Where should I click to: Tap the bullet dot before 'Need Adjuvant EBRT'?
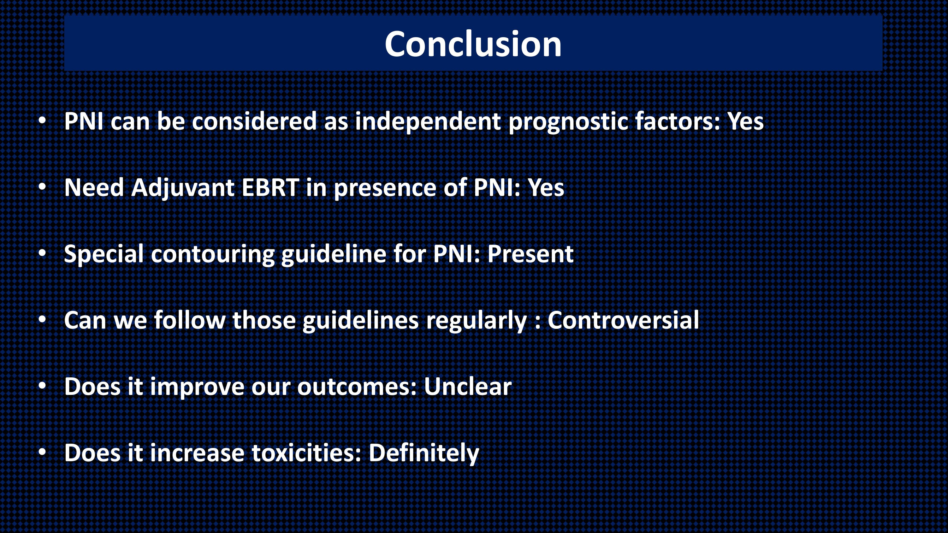click(42, 187)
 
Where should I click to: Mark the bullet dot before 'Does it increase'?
click(42, 452)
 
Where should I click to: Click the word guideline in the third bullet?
click(334, 254)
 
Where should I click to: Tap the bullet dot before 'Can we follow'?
click(42, 320)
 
